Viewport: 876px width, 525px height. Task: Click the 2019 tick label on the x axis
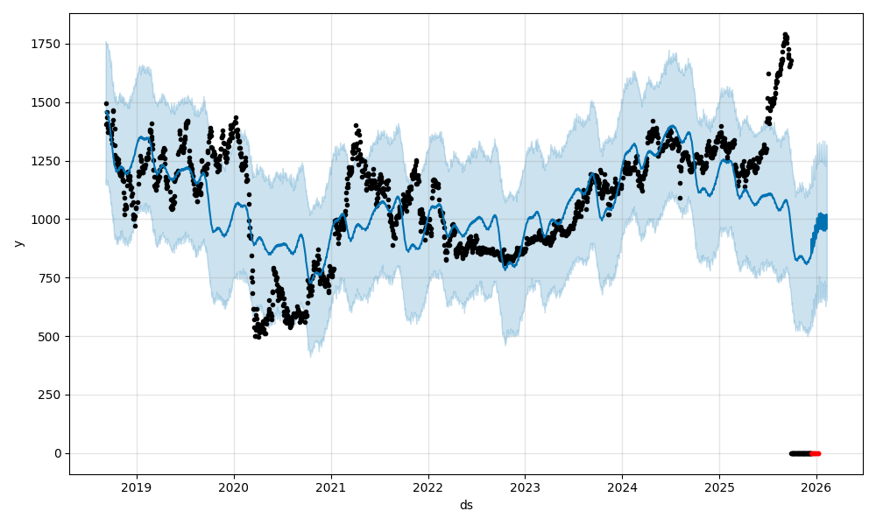pyautogui.click(x=136, y=487)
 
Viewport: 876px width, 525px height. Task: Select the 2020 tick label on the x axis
pyautogui.click(x=233, y=487)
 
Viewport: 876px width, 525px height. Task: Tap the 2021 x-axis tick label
pyautogui.click(x=330, y=487)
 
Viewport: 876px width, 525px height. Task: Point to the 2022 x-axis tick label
pyautogui.click(x=427, y=487)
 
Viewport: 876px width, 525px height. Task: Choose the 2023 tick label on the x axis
pyautogui.click(x=525, y=487)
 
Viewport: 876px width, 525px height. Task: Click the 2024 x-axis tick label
pyautogui.click(x=622, y=487)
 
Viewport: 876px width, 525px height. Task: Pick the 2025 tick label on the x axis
pyautogui.click(x=719, y=487)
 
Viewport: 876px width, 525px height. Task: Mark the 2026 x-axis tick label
pyautogui.click(x=816, y=487)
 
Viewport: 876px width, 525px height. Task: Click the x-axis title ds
pyautogui.click(x=466, y=505)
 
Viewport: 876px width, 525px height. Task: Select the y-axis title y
pyautogui.click(x=17, y=243)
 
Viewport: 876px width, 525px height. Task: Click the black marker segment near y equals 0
pyautogui.click(x=800, y=453)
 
